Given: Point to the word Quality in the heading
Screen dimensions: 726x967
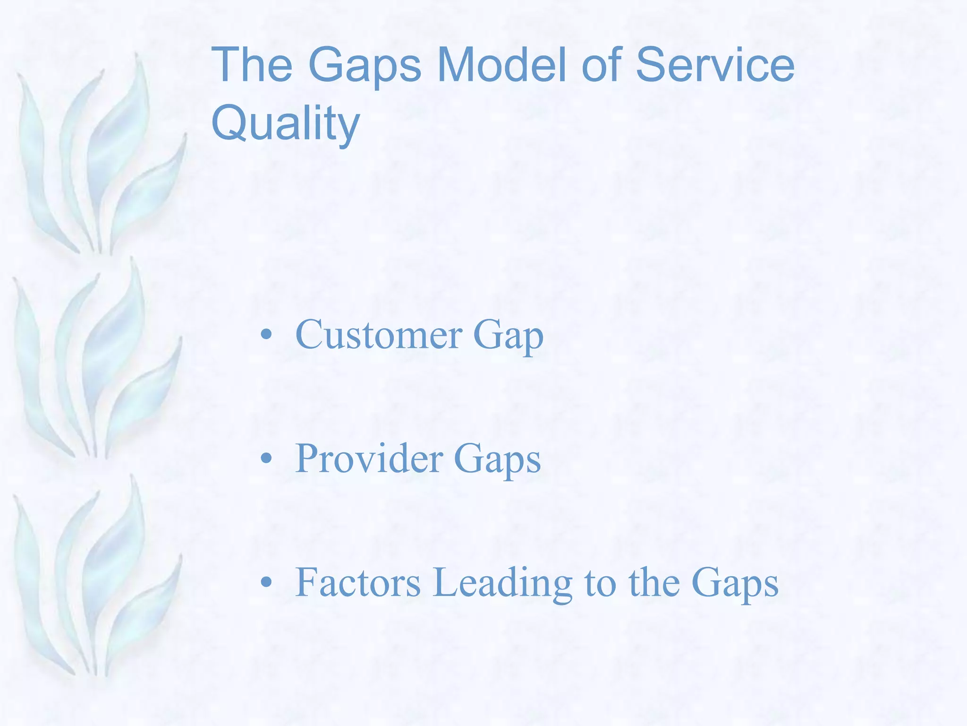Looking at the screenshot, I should point(286,124).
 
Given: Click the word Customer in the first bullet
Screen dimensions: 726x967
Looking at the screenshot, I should point(379,335).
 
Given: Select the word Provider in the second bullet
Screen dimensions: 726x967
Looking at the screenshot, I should point(369,458).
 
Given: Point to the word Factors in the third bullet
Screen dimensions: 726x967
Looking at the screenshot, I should point(358,582).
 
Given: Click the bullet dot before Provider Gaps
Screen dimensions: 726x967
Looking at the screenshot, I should point(267,458).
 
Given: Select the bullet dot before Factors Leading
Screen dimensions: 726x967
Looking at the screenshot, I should point(267,582).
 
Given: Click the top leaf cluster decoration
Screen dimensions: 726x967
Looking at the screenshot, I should point(99,161).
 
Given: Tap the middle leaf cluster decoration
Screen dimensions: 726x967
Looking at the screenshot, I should point(94,364).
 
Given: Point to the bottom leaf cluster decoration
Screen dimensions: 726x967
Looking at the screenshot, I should point(94,581).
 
